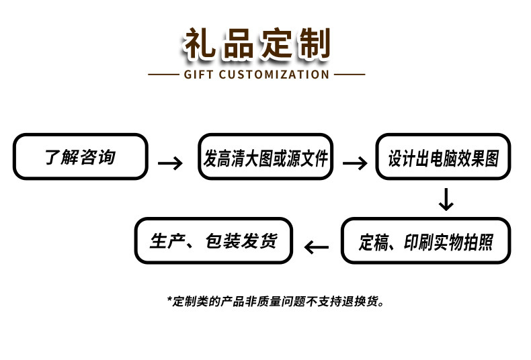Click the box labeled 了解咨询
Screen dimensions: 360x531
click(80, 156)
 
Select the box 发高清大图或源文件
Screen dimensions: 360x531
click(265, 157)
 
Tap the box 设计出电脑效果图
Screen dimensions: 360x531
click(443, 157)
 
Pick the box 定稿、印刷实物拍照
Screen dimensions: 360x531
click(425, 241)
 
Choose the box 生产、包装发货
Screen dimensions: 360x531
click(214, 240)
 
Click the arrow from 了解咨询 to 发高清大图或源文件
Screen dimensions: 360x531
click(170, 163)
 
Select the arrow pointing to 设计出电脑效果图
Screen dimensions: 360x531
click(355, 163)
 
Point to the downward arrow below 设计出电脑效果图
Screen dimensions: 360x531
click(446, 199)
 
